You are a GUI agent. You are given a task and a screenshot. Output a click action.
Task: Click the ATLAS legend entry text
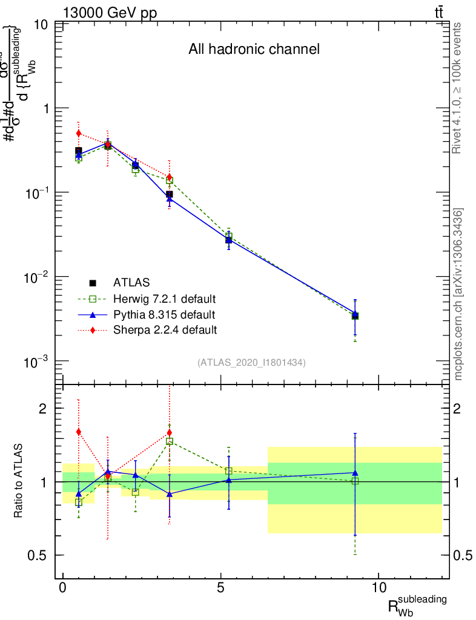pos(131,282)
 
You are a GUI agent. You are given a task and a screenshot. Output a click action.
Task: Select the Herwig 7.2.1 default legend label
pos(165,298)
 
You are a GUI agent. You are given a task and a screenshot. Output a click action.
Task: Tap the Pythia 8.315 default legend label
pos(164,314)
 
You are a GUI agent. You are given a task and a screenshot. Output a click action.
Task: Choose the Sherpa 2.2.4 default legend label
pos(165,330)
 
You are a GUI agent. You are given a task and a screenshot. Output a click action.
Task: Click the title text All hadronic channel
pos(254,49)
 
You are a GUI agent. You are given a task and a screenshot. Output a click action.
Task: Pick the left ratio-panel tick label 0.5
pos(38,555)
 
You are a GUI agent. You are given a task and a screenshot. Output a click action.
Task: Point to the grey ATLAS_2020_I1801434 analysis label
pos(251,363)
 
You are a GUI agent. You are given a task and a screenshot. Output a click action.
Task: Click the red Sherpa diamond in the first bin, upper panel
pos(78,133)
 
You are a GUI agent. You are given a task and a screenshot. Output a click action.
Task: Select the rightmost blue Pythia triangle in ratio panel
pos(355,473)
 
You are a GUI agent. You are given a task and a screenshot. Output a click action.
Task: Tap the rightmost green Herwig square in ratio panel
pos(355,481)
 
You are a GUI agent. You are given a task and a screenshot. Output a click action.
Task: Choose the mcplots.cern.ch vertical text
pos(458,295)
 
